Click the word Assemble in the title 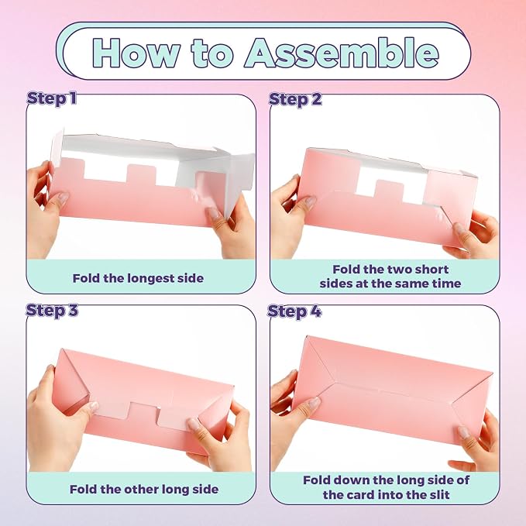(x=342, y=53)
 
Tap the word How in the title (x=136, y=53)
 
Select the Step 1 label (x=51, y=98)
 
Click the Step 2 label (x=295, y=99)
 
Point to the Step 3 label (x=52, y=310)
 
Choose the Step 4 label (x=294, y=311)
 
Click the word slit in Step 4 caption (x=438, y=494)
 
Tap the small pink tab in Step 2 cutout (x=388, y=191)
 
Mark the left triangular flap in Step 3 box (x=72, y=376)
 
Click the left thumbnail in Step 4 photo (x=315, y=403)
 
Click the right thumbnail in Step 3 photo (x=193, y=425)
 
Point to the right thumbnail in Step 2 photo (x=459, y=228)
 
